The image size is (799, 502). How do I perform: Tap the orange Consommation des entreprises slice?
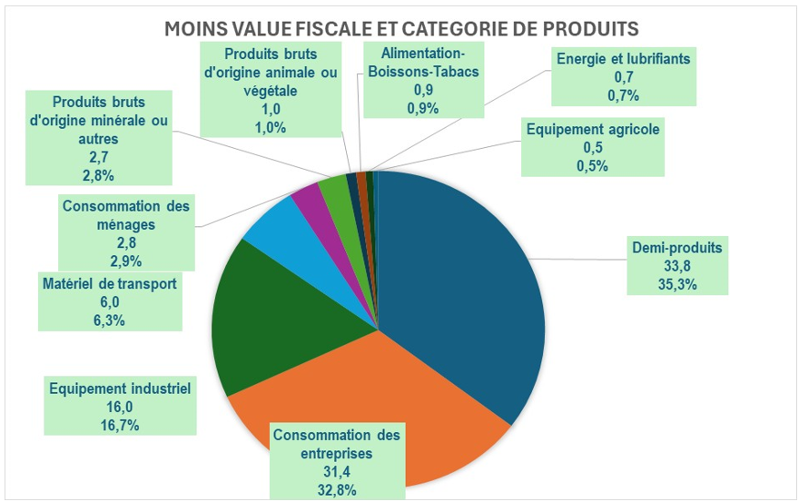click(x=381, y=399)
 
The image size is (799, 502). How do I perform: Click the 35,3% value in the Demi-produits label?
click(x=678, y=282)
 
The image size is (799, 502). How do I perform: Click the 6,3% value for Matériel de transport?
click(x=109, y=320)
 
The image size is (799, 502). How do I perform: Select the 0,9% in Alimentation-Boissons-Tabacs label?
click(x=423, y=108)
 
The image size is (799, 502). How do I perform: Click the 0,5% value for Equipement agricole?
click(x=592, y=165)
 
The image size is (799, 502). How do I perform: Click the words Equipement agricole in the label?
click(x=592, y=129)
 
